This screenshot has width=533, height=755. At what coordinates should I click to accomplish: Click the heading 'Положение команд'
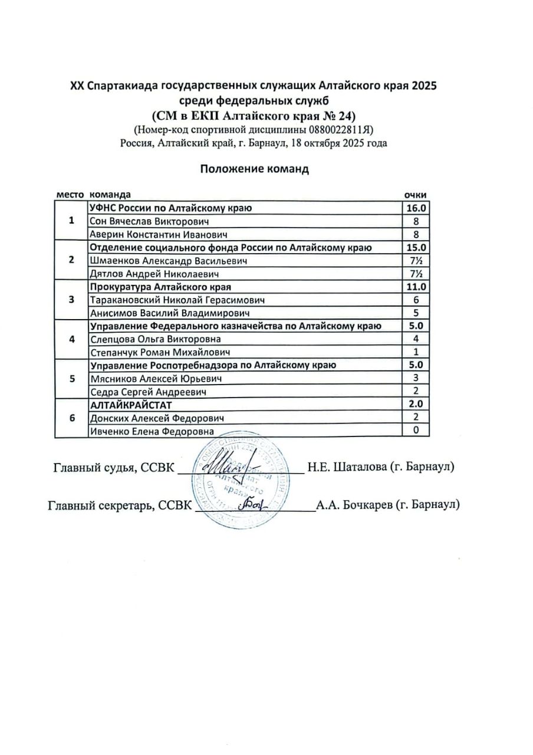pyautogui.click(x=254, y=169)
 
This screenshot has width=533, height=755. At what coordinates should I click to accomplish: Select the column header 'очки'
pyautogui.click(x=414, y=195)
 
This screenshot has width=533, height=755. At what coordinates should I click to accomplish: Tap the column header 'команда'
pyautogui.click(x=109, y=195)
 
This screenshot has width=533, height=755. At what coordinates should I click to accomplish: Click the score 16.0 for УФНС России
pyautogui.click(x=416, y=208)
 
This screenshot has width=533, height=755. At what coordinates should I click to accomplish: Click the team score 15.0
pyautogui.click(x=416, y=247)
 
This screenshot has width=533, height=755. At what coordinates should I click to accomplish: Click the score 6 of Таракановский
pyautogui.click(x=416, y=300)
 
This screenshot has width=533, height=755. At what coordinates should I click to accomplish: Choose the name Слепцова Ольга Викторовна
pyautogui.click(x=155, y=339)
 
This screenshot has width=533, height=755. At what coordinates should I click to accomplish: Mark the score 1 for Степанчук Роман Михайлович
pyautogui.click(x=416, y=352)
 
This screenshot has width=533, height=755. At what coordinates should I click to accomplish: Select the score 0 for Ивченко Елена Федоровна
pyautogui.click(x=416, y=431)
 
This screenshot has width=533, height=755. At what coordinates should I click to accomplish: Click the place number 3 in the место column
pyautogui.click(x=72, y=300)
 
